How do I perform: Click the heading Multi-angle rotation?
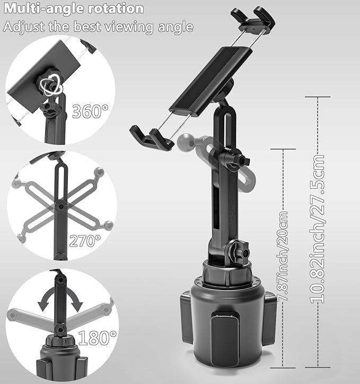(74, 9)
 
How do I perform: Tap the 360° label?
(90, 111)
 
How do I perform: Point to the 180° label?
(97, 337)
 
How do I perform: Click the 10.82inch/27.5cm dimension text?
(318, 229)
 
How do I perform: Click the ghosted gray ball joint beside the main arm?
(187, 141)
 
